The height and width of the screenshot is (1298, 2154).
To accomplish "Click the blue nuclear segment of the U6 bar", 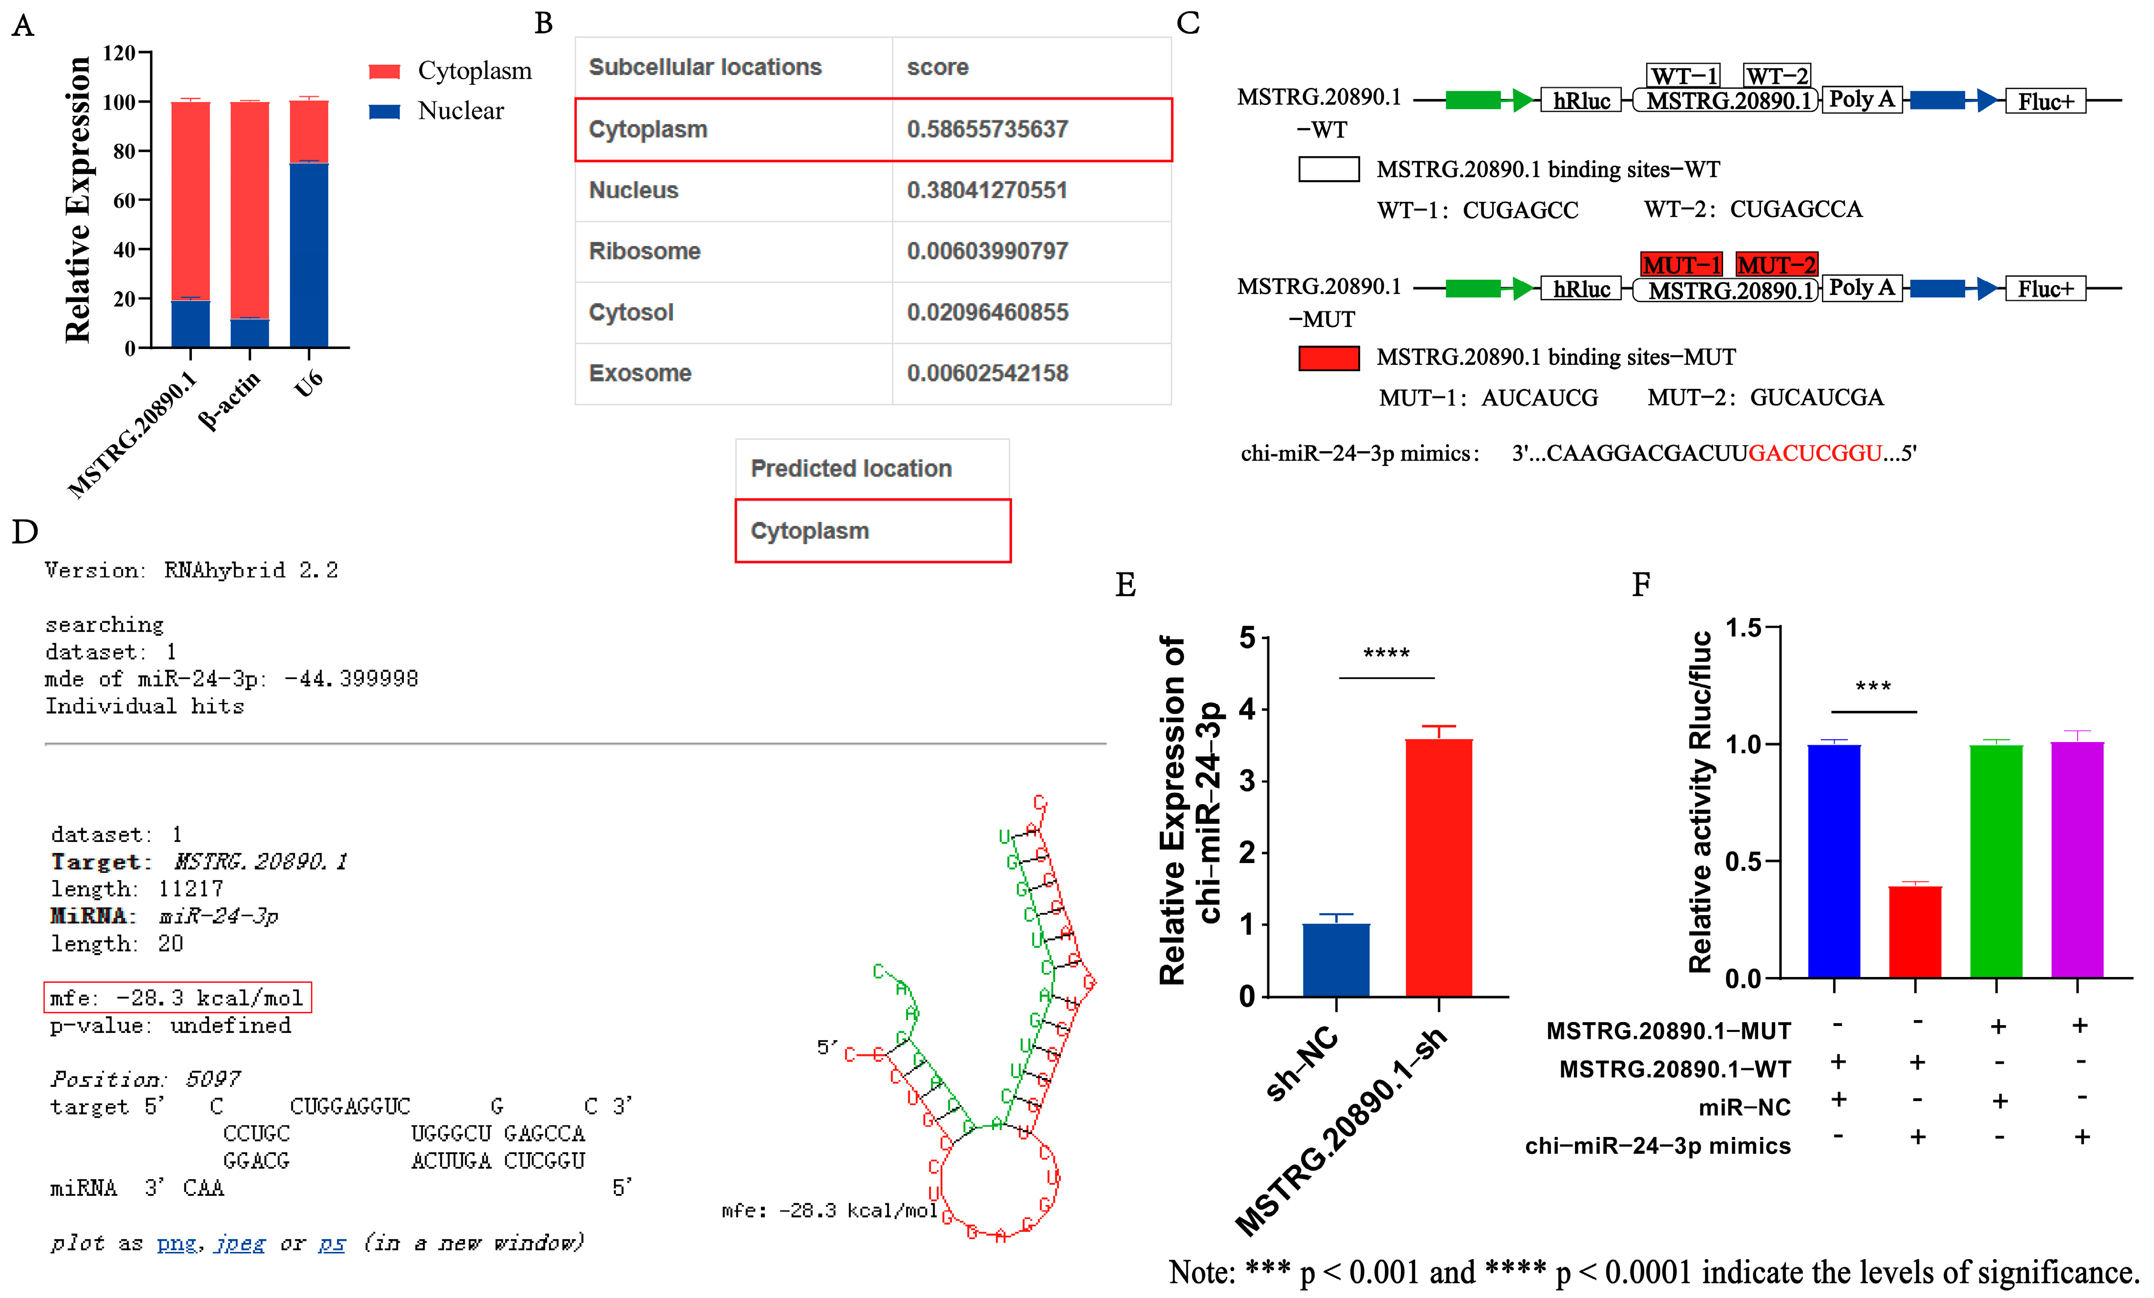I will pos(309,254).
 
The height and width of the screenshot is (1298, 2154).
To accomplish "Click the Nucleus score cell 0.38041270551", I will pos(987,190).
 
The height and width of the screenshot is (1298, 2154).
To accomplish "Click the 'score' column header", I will pos(937,67).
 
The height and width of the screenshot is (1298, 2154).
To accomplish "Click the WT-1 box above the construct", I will pos(1683,76).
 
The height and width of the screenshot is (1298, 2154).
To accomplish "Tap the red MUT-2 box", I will pos(1776,264).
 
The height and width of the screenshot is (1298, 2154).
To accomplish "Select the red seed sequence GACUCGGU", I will pos(1815,453).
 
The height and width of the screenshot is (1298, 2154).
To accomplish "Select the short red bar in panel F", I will pos(1915,931).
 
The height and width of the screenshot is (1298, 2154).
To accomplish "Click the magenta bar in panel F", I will pos(2077,859).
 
